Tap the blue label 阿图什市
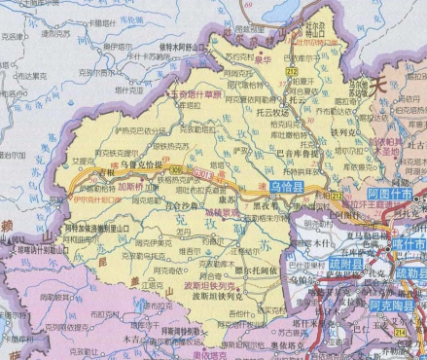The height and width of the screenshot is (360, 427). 391,193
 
